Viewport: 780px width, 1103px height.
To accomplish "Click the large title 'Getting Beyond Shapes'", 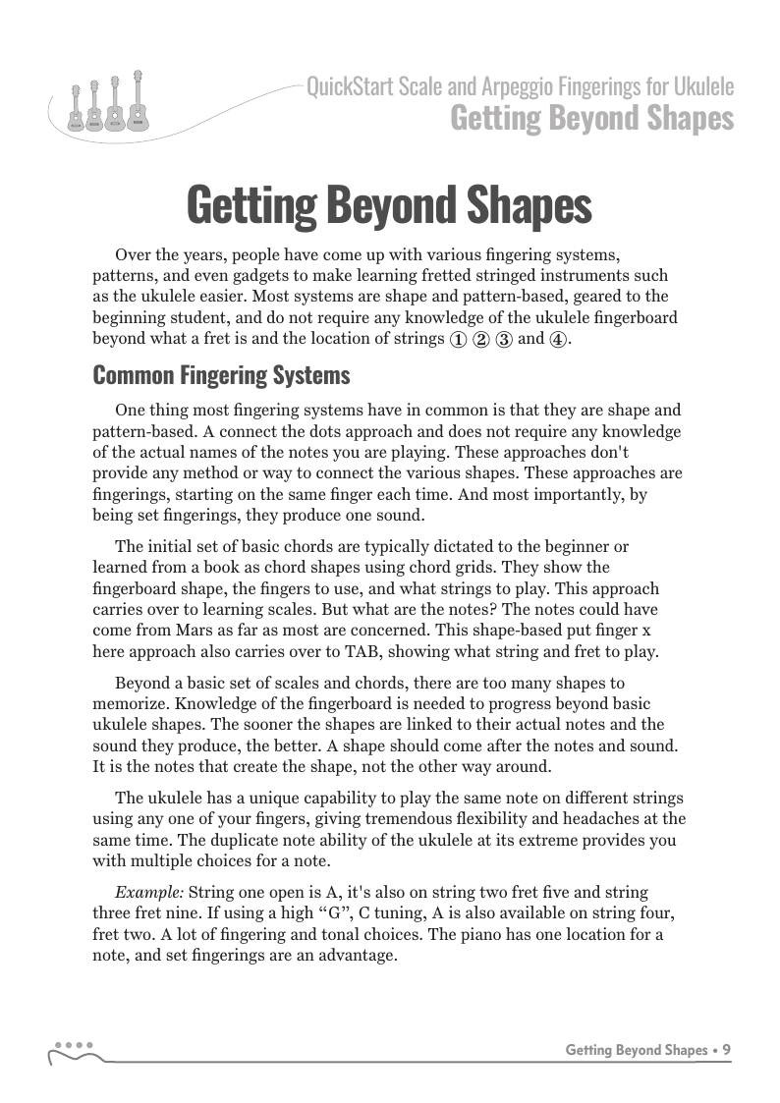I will (389, 206).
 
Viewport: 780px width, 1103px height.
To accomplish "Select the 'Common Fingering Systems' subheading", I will (221, 374).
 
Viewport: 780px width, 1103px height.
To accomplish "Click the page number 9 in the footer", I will (726, 1049).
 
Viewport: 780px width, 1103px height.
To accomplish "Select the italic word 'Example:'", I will (148, 892).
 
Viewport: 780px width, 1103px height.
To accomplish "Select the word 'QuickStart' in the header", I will (350, 87).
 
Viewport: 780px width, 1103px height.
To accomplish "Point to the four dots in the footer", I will (74, 1044).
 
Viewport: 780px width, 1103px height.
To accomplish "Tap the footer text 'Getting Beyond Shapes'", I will (637, 1049).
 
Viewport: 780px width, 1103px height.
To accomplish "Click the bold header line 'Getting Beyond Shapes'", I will (591, 118).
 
